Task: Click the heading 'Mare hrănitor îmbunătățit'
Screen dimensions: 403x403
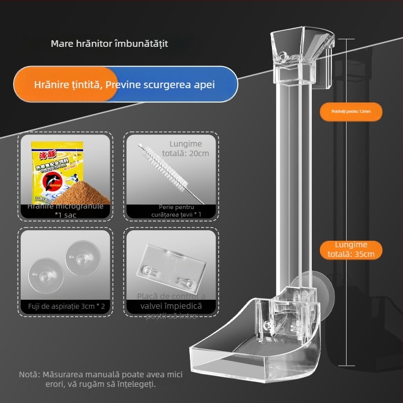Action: point(109,43)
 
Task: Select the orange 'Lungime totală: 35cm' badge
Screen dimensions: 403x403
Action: point(351,249)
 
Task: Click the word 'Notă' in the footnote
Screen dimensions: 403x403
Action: point(28,375)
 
